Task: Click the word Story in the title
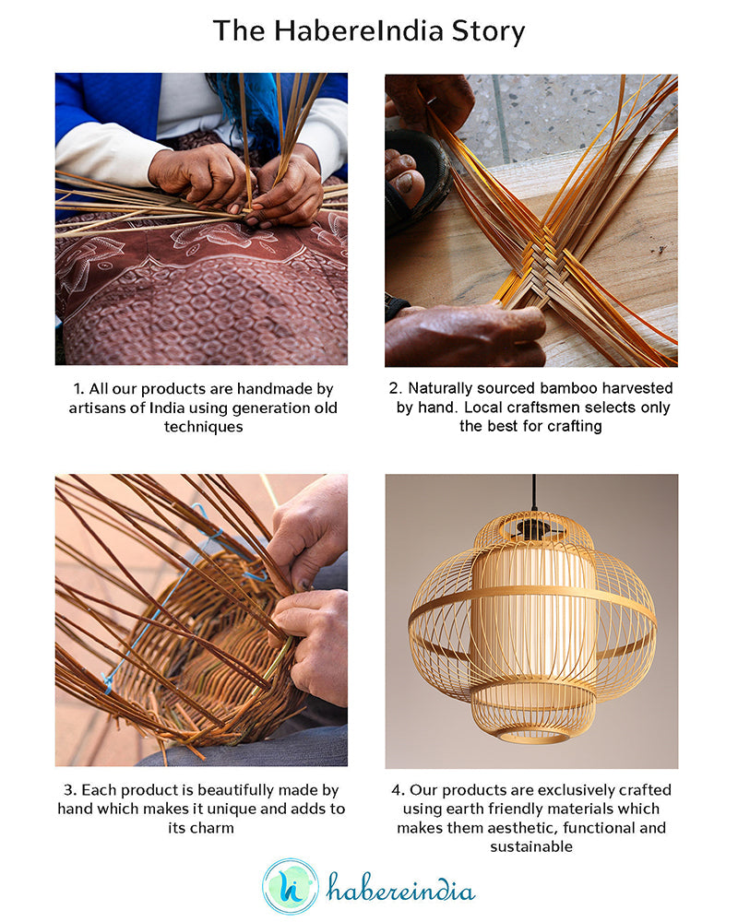pos(488,31)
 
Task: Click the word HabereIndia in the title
pos(354,31)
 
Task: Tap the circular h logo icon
pos(290,886)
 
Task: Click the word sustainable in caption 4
pos(531,846)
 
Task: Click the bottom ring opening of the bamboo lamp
pos(532,736)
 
